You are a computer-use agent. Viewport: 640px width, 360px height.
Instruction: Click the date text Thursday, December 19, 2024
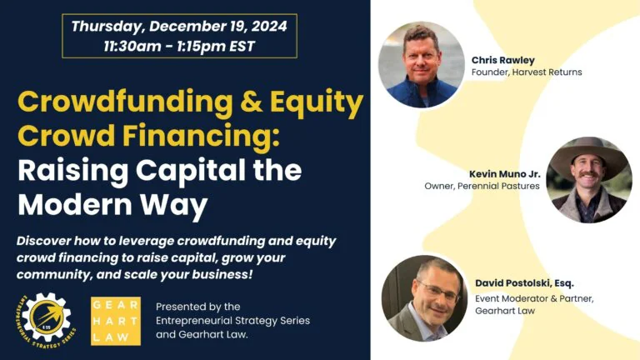(179, 26)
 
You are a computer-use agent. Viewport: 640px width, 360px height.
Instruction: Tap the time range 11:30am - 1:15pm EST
(179, 46)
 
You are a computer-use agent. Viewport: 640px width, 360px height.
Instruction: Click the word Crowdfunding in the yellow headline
(125, 102)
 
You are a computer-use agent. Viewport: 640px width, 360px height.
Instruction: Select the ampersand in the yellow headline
(252, 102)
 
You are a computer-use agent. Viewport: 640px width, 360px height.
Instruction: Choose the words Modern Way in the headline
(112, 204)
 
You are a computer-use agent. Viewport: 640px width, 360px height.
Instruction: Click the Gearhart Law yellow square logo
(116, 321)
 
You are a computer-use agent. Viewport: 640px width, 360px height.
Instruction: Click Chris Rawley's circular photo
(421, 65)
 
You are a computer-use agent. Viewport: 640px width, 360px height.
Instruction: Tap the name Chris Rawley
(502, 60)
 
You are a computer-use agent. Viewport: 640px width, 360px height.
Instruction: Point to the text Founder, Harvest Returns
(527, 72)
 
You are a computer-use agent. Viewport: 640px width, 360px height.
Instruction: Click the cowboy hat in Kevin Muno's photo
(589, 158)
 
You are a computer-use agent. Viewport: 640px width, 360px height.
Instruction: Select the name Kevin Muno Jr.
(504, 174)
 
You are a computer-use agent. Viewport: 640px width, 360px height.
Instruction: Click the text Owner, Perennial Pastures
(482, 186)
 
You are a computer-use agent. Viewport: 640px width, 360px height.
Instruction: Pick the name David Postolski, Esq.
(524, 282)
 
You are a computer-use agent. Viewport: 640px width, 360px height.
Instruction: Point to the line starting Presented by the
(198, 307)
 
